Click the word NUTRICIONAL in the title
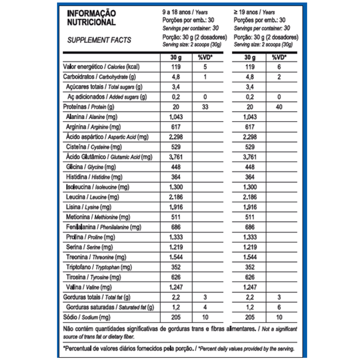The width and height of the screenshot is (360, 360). point(91,22)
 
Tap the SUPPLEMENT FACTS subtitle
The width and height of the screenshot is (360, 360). point(99,40)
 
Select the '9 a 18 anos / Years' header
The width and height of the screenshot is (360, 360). point(185,12)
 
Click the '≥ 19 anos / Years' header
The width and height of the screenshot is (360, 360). point(254,12)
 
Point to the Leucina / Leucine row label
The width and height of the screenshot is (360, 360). point(92,197)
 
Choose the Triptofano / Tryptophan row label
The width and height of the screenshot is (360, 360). point(99,267)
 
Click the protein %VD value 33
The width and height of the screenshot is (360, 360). point(205,107)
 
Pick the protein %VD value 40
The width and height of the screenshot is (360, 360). point(279,107)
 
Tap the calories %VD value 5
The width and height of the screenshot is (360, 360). point(205,67)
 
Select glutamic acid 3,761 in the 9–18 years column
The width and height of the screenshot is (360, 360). point(176,157)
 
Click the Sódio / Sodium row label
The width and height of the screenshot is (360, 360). point(86,317)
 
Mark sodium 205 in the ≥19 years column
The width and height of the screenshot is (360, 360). point(250,317)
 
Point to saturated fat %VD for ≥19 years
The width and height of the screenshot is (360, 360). point(279,307)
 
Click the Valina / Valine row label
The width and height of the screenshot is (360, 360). point(89,287)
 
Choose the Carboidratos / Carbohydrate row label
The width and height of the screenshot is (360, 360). point(99,77)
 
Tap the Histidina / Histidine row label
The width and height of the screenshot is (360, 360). point(94,177)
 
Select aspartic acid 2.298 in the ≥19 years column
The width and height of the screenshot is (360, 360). point(250,137)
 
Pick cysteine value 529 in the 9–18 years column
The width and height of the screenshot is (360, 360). point(176,147)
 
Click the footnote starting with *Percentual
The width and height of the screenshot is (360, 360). point(178,349)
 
